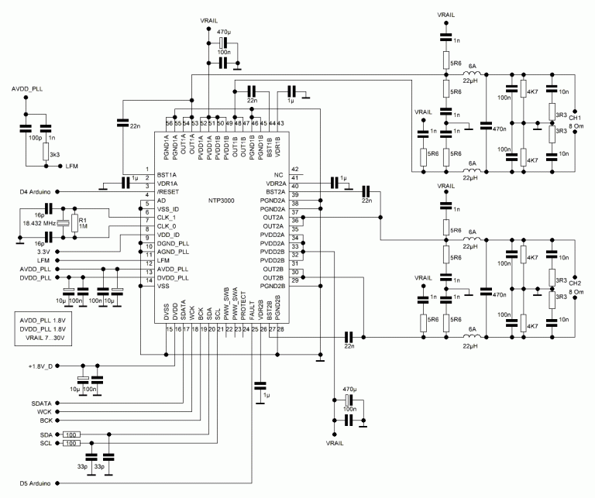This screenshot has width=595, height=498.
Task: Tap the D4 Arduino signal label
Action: pyautogui.click(x=33, y=191)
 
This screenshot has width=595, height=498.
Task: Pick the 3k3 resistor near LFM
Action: pyautogui.click(x=46, y=150)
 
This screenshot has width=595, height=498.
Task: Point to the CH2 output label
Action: pyautogui.click(x=575, y=283)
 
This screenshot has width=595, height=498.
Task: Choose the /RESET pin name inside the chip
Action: pyautogui.click(x=168, y=191)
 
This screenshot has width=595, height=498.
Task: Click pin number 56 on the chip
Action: pyautogui.click(x=169, y=123)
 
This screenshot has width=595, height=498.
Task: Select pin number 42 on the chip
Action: pyautogui.click(x=294, y=170)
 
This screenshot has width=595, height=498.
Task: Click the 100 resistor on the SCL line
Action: pyautogui.click(x=71, y=444)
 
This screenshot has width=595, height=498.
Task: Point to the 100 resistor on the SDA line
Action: pyautogui.click(x=71, y=434)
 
